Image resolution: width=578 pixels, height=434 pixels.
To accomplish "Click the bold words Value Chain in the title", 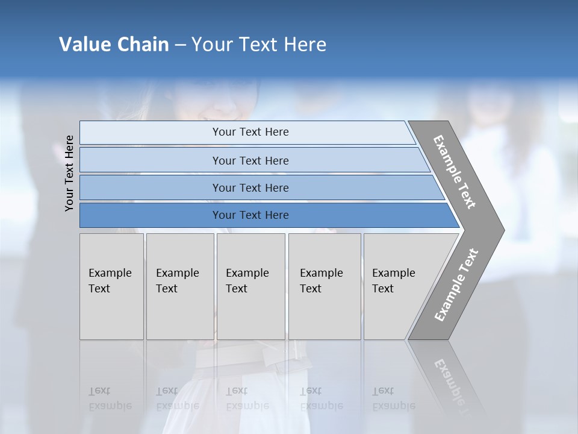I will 114,45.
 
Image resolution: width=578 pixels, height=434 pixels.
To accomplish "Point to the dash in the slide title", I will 180,45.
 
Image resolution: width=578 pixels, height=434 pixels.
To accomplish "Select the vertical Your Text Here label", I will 70,174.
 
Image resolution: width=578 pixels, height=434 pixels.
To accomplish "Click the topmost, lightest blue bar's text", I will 250,132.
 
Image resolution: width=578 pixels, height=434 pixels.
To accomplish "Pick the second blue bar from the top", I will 250,160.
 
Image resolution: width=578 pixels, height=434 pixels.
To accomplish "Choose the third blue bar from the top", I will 250,187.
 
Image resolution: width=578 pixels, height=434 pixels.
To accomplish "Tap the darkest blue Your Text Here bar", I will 250,215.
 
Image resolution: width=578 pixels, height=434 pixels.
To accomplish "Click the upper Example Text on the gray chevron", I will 455,172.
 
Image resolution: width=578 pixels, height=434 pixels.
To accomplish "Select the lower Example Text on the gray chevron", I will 456,285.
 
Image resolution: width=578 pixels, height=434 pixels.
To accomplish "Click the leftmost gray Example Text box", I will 111,281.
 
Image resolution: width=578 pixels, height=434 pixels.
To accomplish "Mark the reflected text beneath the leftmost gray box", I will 110,398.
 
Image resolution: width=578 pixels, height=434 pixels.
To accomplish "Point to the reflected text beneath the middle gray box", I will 247,398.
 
